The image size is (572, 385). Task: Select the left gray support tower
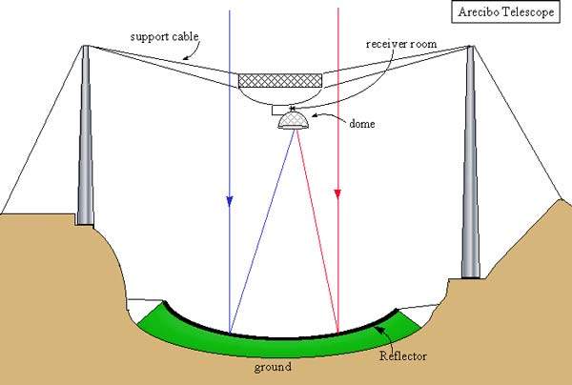85,143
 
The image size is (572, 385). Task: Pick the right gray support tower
470,162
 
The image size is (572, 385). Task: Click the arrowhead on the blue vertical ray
230,200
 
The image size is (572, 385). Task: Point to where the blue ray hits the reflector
230,332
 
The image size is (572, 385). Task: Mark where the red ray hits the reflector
338,333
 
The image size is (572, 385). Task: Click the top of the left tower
85,48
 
